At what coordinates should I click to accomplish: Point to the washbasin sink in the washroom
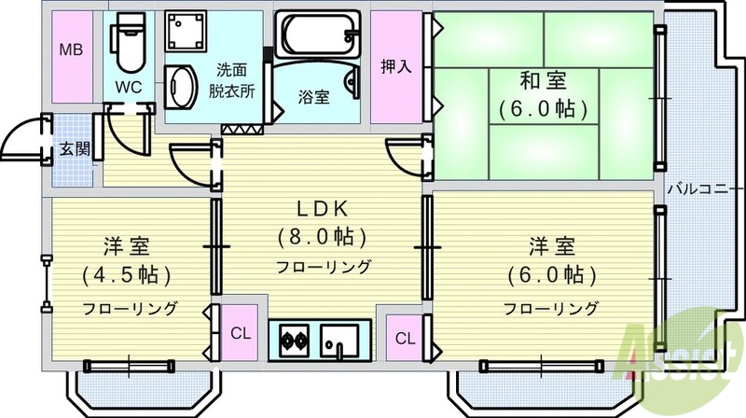click(181, 91)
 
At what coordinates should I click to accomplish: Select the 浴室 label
click(312, 97)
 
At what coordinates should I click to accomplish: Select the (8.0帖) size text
click(322, 236)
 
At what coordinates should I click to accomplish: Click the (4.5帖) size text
click(128, 277)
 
